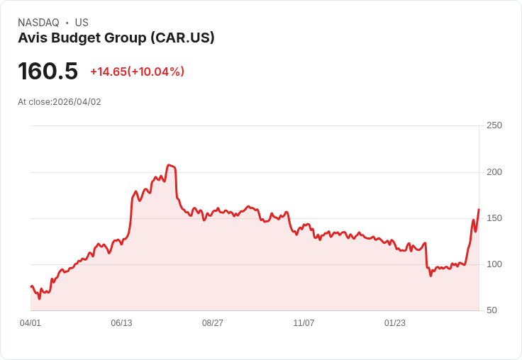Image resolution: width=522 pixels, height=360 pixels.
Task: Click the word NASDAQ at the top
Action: click(x=38, y=23)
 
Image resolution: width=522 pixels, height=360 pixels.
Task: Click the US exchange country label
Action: click(x=82, y=23)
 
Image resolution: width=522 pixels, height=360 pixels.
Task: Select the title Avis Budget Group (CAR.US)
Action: click(x=116, y=38)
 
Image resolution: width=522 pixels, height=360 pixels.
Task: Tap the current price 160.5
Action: click(x=48, y=72)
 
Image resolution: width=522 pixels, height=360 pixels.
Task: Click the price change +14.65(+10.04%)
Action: click(x=137, y=72)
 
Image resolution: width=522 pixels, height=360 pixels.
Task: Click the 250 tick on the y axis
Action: click(x=494, y=125)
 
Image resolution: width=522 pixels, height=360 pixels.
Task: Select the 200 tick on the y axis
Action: click(x=494, y=172)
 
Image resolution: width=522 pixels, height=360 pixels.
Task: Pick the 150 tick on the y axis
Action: click(x=494, y=218)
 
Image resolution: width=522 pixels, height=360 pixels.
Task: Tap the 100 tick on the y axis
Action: click(x=494, y=264)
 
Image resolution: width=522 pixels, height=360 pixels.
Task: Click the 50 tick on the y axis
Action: click(x=492, y=310)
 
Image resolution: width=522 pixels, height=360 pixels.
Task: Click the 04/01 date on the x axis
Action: click(x=30, y=323)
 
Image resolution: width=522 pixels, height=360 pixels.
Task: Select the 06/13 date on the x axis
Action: click(x=121, y=323)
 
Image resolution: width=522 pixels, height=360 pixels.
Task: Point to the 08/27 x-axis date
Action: click(x=213, y=323)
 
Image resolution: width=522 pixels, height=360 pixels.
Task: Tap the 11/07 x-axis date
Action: click(x=304, y=323)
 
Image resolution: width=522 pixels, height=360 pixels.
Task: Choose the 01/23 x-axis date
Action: click(x=395, y=323)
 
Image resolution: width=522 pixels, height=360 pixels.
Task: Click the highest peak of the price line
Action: click(x=169, y=165)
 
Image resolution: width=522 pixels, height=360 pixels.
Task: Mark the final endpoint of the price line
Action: click(x=479, y=210)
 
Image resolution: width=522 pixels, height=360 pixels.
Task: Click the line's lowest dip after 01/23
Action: click(x=431, y=275)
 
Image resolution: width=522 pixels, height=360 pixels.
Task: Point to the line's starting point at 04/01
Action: click(x=31, y=286)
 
